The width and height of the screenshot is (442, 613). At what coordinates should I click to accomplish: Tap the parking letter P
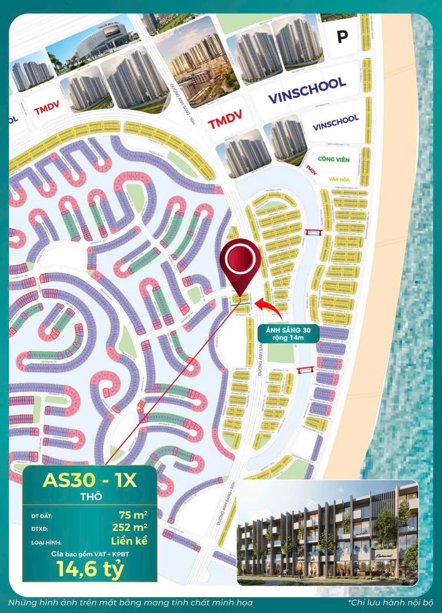342,37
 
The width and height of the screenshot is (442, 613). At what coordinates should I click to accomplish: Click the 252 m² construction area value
128,528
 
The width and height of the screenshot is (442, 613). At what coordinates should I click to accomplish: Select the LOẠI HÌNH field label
47,542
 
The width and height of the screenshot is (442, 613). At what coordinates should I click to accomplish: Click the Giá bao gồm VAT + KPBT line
90,554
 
